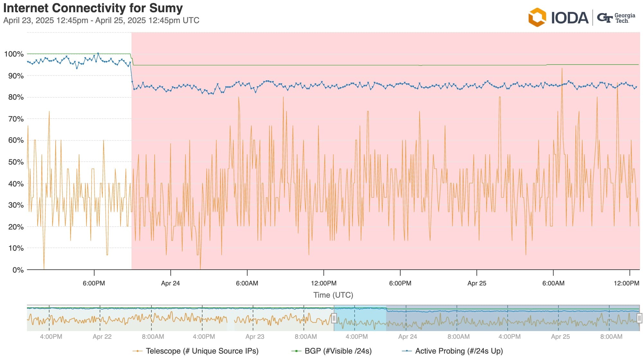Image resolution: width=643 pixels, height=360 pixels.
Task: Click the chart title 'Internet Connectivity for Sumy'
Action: (x=93, y=8)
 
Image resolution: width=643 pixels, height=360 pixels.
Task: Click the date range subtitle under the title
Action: (x=101, y=21)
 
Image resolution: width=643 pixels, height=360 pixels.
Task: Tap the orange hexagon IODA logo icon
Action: (x=537, y=17)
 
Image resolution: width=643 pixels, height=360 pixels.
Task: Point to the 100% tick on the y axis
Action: (x=14, y=54)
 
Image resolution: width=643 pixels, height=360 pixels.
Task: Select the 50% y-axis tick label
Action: (x=16, y=162)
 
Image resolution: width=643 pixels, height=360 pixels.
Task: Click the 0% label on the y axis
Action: (x=18, y=270)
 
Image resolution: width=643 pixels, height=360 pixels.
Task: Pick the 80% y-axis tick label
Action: (x=16, y=97)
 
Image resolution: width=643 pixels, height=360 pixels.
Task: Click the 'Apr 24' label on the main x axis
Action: (x=170, y=283)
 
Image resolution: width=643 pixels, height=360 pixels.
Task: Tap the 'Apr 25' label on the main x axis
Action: (x=476, y=283)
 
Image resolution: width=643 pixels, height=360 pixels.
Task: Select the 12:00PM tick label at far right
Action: (x=626, y=283)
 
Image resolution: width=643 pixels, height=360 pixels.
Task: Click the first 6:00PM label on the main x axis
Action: (x=94, y=283)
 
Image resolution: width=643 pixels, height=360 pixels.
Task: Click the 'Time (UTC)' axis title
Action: (x=333, y=295)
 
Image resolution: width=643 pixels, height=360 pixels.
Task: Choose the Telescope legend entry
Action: (x=196, y=351)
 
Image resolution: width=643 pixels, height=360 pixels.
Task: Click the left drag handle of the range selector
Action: (x=334, y=318)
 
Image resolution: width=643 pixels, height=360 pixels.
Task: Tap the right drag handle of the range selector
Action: (x=639, y=318)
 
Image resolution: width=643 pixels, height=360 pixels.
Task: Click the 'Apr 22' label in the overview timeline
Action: (x=102, y=337)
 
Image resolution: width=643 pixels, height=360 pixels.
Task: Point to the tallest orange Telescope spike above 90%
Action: (x=562, y=69)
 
